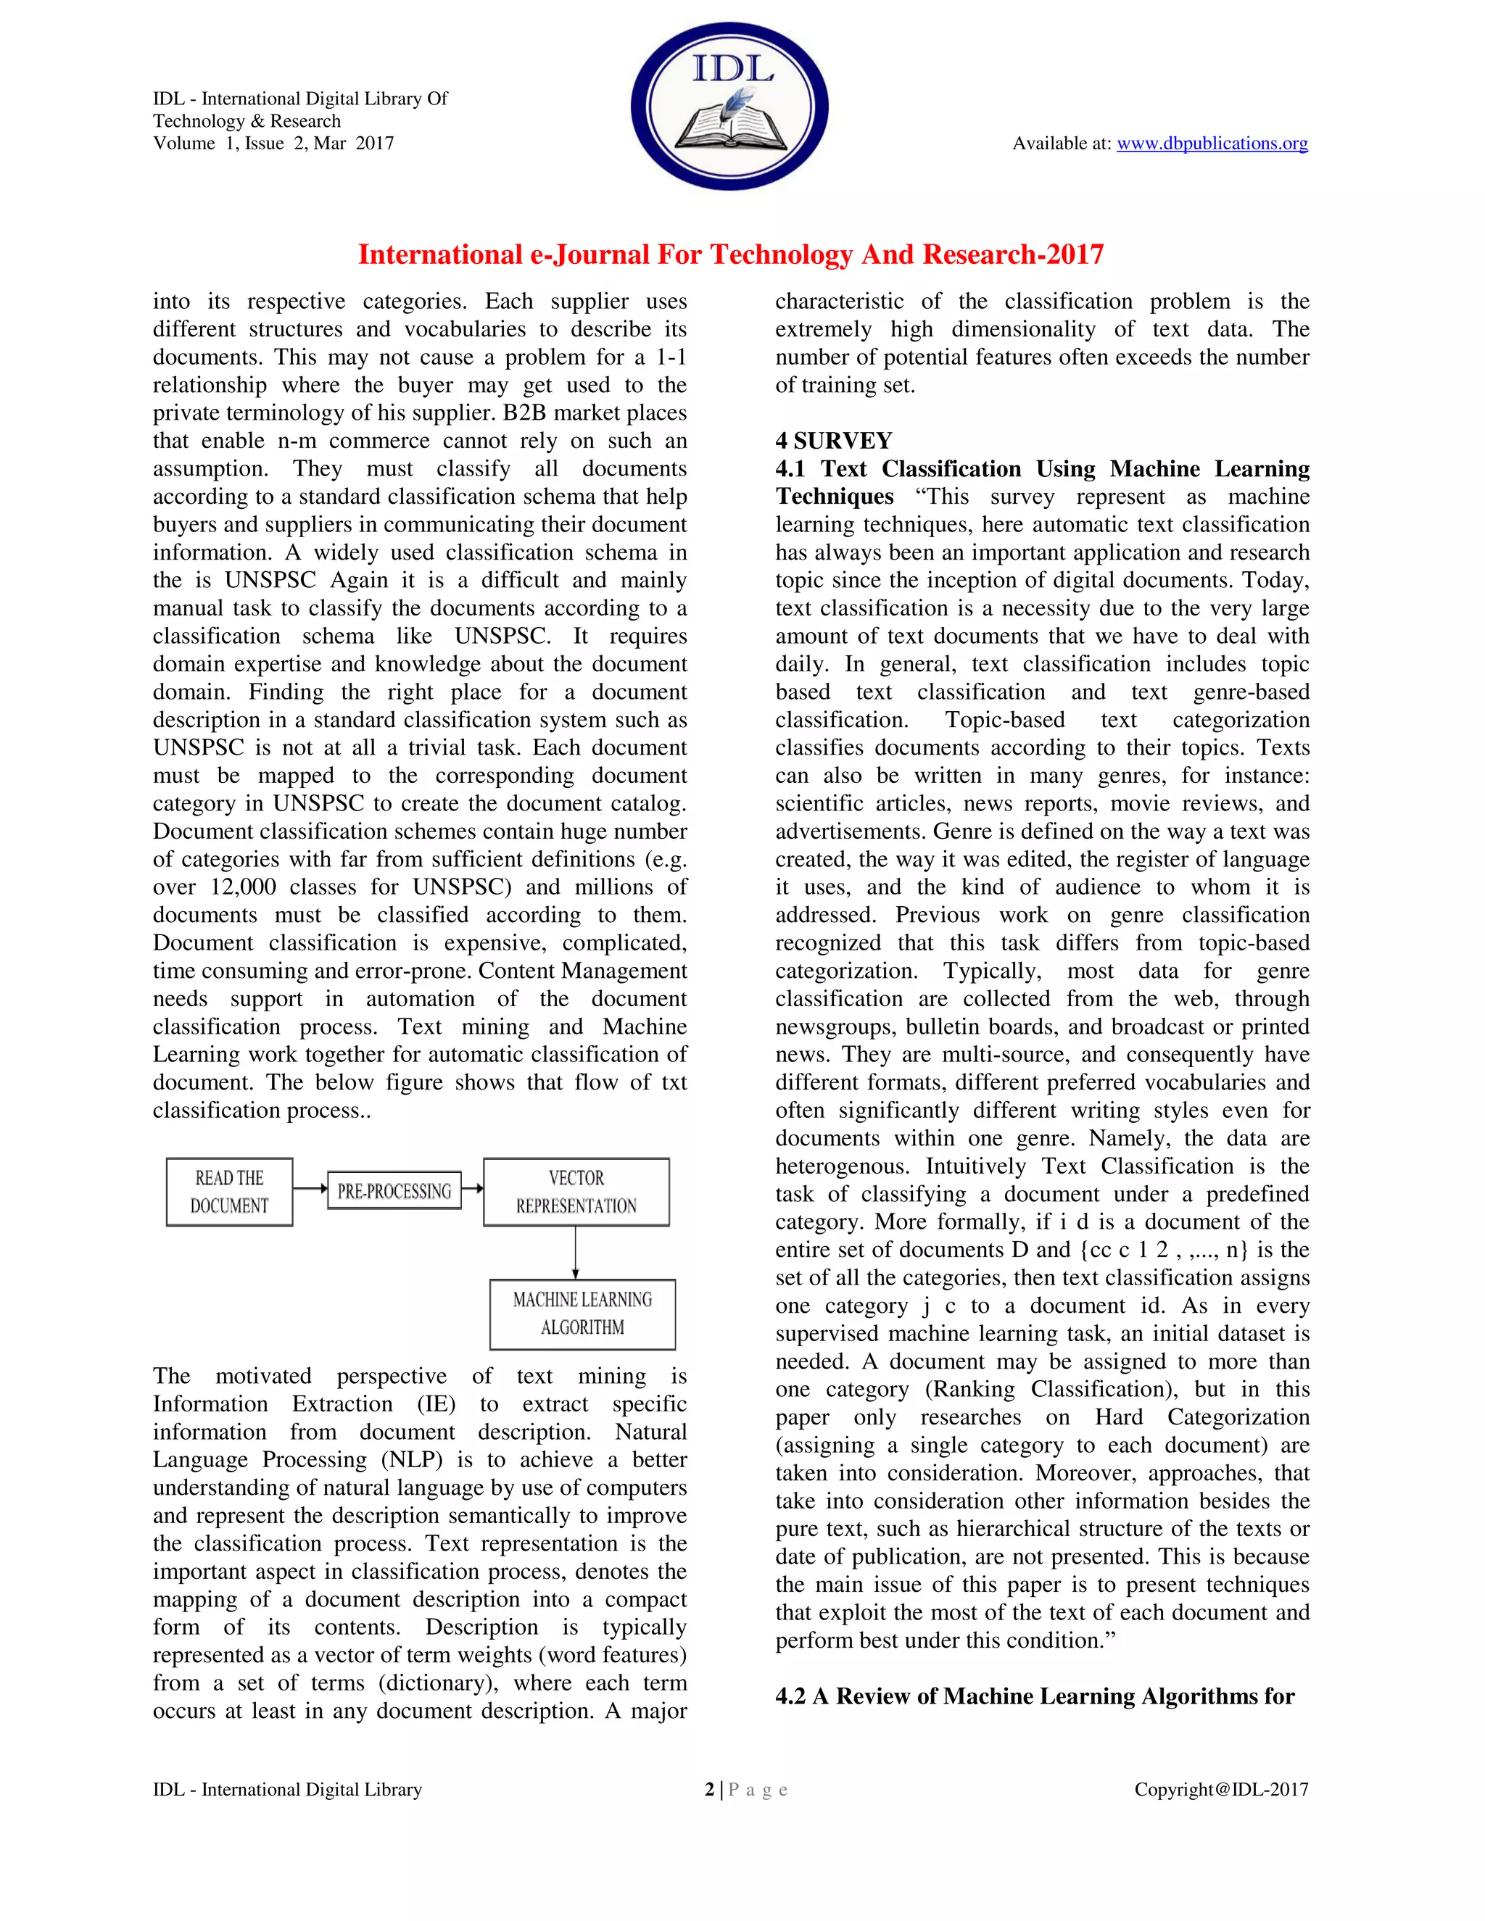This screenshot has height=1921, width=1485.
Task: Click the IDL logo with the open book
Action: (729, 107)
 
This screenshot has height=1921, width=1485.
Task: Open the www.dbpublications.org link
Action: (1212, 144)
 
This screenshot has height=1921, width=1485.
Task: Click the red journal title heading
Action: (730, 254)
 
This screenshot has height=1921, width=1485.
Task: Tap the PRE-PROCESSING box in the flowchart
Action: (394, 1191)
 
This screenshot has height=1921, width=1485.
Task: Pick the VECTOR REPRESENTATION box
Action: (576, 1192)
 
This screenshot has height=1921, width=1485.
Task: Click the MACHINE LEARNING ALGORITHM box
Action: (582, 1314)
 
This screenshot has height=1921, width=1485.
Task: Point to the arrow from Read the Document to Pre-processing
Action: (310, 1188)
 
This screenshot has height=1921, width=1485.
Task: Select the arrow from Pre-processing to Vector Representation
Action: (473, 1188)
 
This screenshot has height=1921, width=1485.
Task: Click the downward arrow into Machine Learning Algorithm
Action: (575, 1253)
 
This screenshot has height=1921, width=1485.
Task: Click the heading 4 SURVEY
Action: (833, 441)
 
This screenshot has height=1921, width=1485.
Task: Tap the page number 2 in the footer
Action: (709, 1789)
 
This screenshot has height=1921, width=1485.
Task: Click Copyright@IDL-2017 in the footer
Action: (1220, 1789)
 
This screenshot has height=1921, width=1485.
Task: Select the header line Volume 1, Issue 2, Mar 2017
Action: (273, 144)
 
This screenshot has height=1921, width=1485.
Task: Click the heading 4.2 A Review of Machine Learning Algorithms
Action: (1035, 1696)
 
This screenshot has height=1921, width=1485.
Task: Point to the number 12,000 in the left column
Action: (243, 887)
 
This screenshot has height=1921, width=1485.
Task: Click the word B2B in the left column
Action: (524, 412)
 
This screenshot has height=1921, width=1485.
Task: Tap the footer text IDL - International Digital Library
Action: (287, 1789)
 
